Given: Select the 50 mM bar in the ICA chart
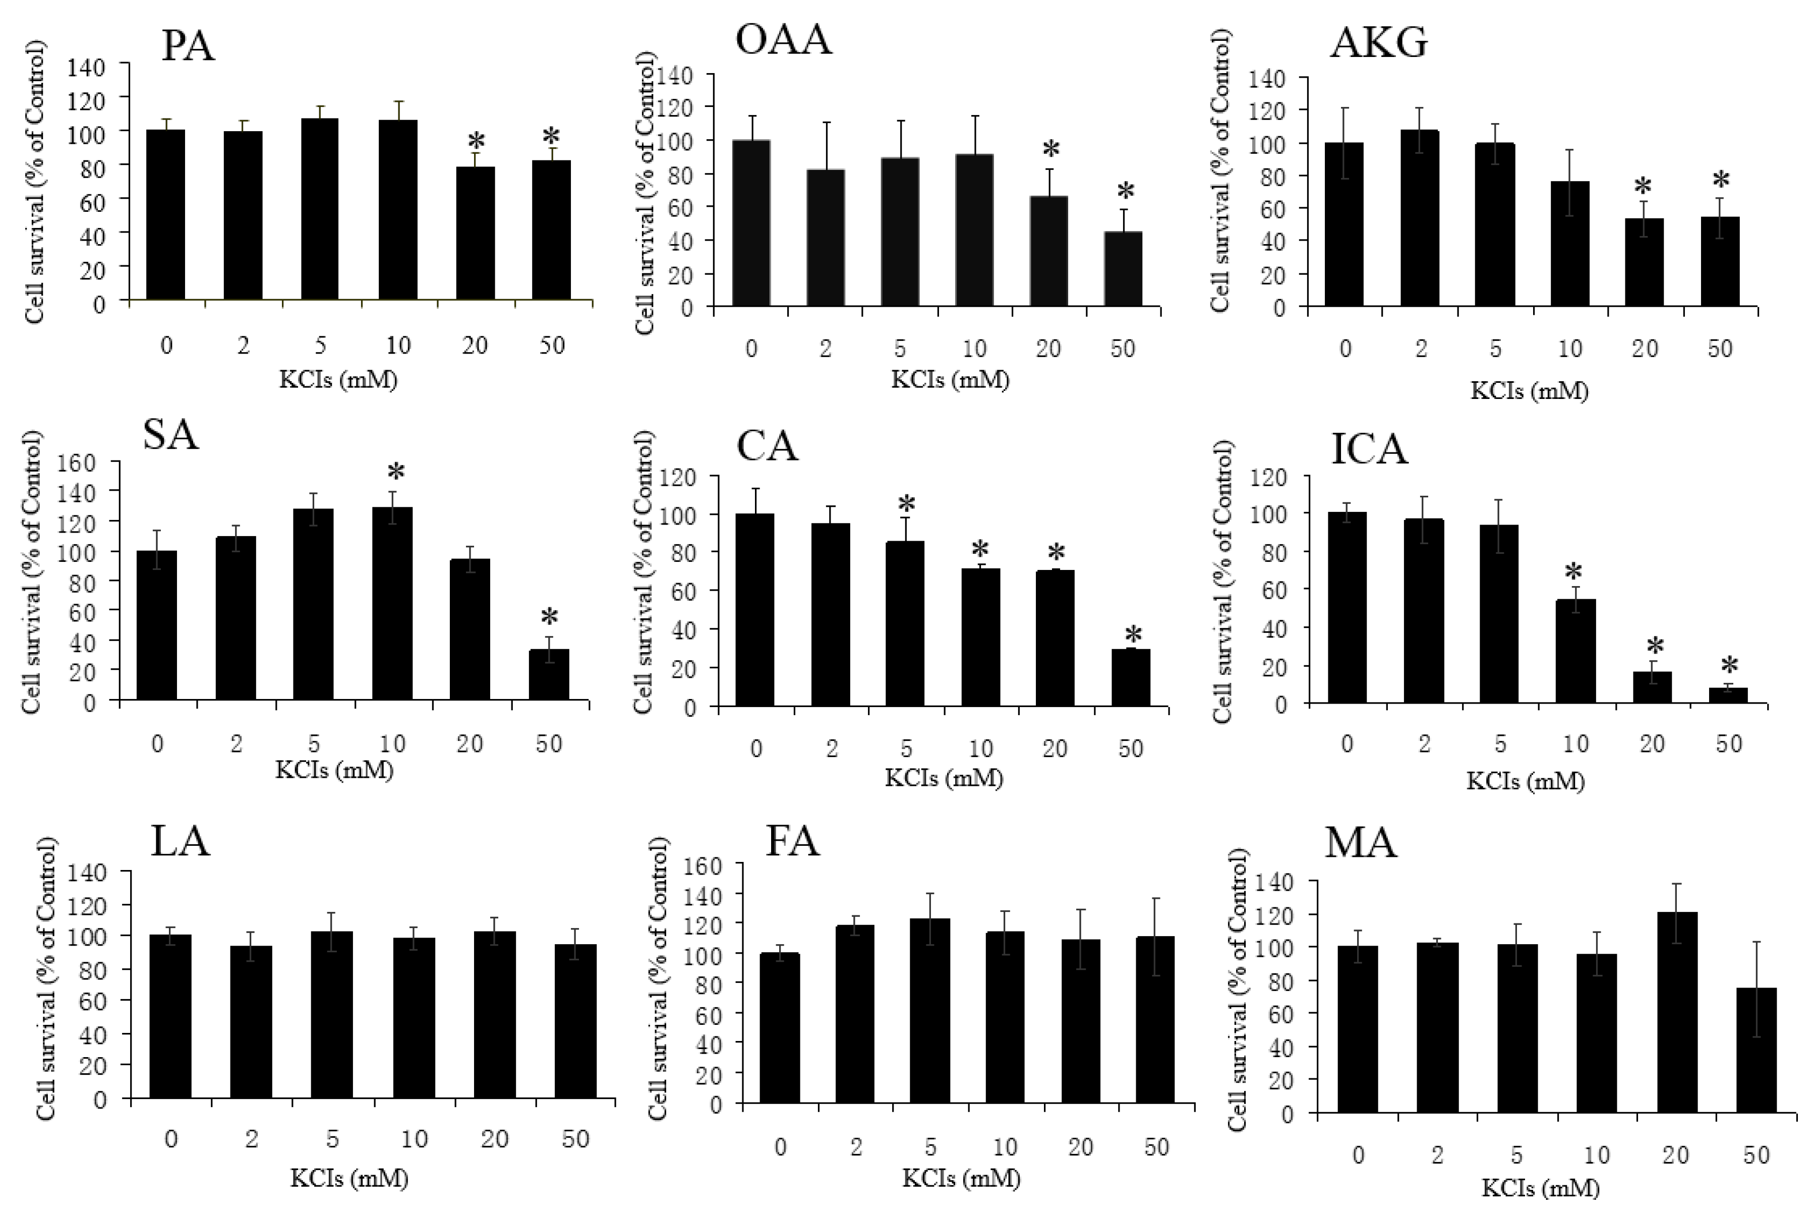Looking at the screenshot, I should (x=1728, y=695).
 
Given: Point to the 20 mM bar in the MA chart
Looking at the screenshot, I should (x=1675, y=1012).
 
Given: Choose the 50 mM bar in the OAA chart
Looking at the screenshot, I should (x=1122, y=269).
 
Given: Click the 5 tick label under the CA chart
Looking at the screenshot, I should (x=906, y=748).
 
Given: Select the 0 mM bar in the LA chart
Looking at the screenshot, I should (x=170, y=1016).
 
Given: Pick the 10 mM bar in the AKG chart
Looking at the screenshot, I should (x=1570, y=244).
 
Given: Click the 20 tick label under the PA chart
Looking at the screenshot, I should (x=475, y=345).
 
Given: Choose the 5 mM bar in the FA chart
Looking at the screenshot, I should (x=930, y=1011).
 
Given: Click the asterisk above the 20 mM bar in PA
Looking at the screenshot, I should (x=476, y=142).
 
